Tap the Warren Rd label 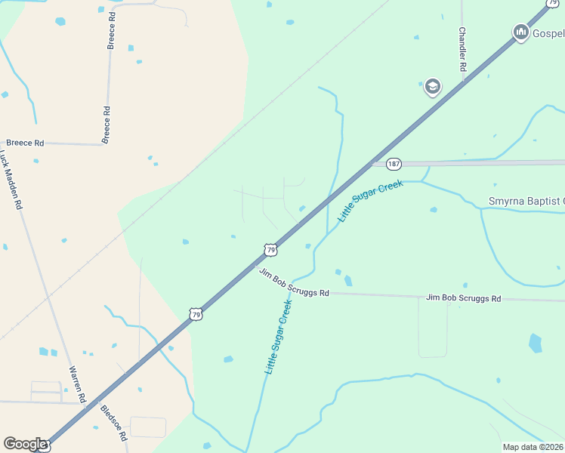click(x=77, y=384)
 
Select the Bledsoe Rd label click(x=114, y=423)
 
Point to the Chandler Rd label click(x=463, y=51)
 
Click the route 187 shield click(x=394, y=164)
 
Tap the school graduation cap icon click(x=432, y=87)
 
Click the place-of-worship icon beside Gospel click(x=520, y=32)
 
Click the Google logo click(x=25, y=444)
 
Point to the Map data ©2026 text click(x=533, y=447)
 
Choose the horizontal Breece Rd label click(x=25, y=142)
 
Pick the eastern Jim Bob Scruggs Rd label click(x=463, y=298)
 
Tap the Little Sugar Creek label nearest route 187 click(x=371, y=201)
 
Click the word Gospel click(x=548, y=33)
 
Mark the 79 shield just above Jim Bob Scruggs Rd click(x=270, y=248)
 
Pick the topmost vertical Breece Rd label click(x=112, y=30)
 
